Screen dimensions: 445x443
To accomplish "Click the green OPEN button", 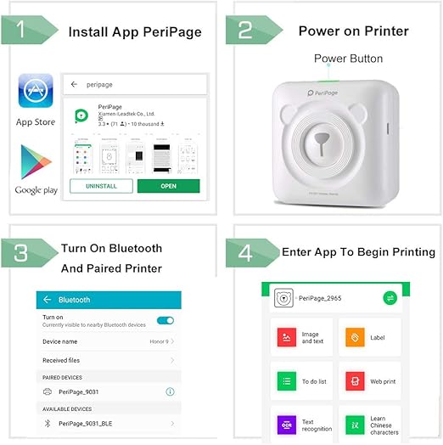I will point(168,186).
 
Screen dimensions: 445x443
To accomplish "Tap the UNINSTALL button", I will point(101,186).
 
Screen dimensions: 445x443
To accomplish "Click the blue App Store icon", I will point(36,93).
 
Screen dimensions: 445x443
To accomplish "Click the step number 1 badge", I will point(26,30).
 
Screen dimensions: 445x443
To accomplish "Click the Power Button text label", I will point(348,59).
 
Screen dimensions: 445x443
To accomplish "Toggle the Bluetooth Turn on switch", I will point(165,320).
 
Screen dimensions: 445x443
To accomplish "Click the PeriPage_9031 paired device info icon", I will point(170,391).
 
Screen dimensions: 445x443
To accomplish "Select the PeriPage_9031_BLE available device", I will point(93,422).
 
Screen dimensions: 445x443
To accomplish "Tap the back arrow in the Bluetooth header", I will point(48,300).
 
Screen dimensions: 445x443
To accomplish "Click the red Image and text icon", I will point(284,338).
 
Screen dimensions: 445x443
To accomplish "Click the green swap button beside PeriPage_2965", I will point(390,298).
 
